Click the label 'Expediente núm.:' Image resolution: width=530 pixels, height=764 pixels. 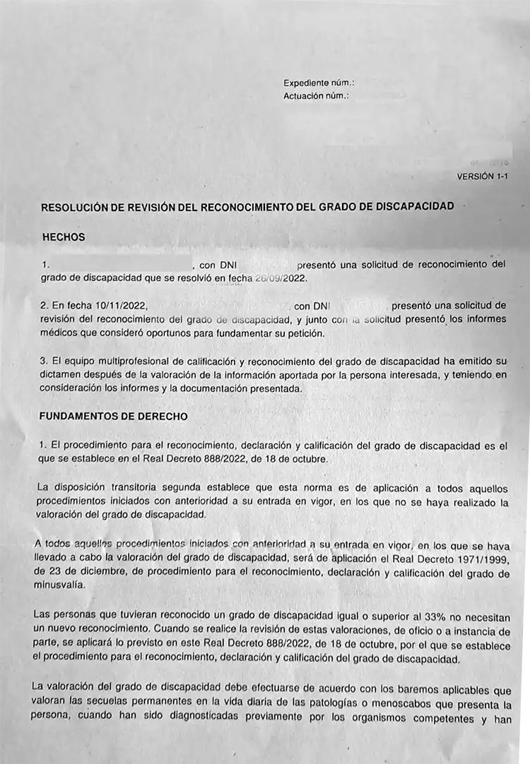pyautogui.click(x=319, y=83)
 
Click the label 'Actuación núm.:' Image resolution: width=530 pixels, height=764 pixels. pyautogui.click(x=316, y=95)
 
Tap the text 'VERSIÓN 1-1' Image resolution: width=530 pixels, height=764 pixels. pyautogui.click(x=482, y=177)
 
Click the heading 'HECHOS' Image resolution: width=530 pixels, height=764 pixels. pyautogui.click(x=64, y=237)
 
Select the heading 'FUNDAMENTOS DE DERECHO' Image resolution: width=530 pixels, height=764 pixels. pyautogui.click(x=114, y=417)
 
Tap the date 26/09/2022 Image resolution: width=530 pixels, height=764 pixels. pyautogui.click(x=281, y=278)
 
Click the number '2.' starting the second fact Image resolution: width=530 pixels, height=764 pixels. pyautogui.click(x=45, y=306)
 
